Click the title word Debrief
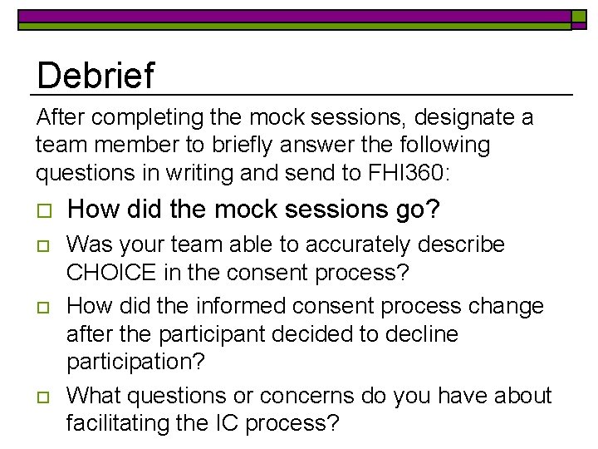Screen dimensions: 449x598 click(x=96, y=76)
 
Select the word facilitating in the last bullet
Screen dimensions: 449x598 click(x=118, y=422)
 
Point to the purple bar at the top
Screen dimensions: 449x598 click(x=291, y=15)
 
